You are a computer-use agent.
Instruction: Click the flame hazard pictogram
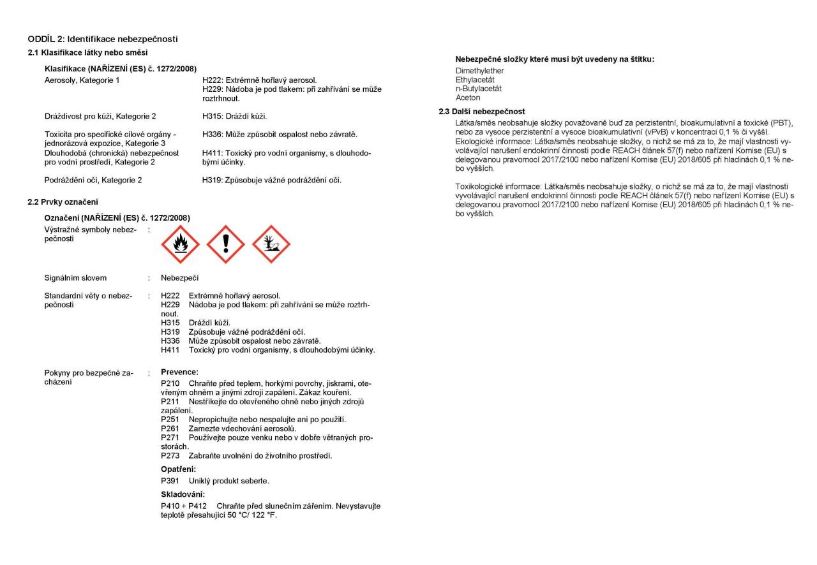[179, 244]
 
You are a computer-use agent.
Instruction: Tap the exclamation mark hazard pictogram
[225, 244]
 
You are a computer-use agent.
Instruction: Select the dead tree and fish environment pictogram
[271, 244]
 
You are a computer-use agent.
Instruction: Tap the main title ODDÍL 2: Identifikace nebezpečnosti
[102, 40]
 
